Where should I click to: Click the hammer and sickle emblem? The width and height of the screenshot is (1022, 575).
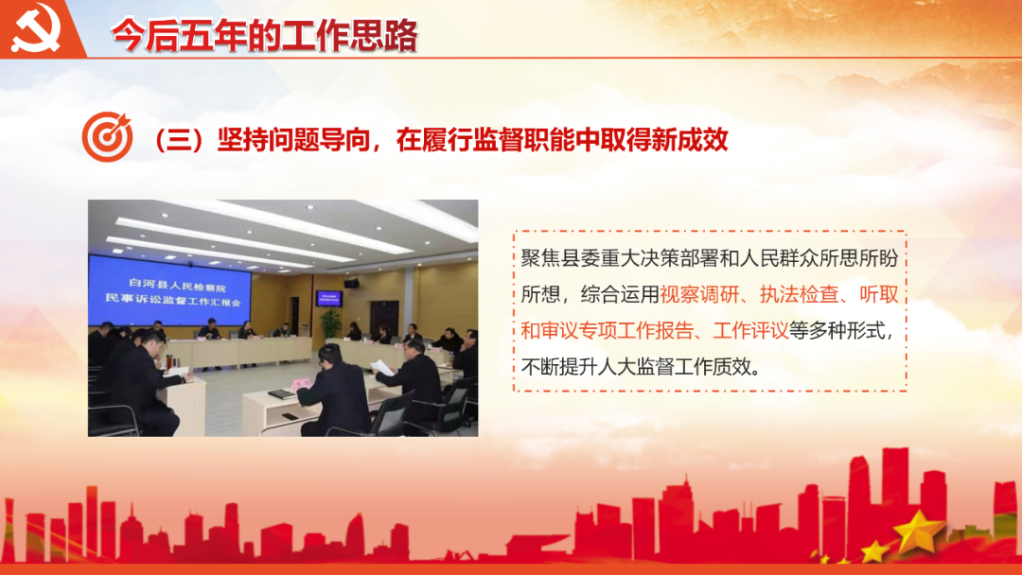(x=36, y=27)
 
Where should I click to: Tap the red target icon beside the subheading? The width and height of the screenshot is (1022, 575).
(x=107, y=137)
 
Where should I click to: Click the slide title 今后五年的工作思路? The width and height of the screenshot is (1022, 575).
(x=264, y=35)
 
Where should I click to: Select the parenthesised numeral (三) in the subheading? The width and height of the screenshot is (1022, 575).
(x=177, y=140)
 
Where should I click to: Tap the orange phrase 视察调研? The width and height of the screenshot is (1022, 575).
(x=699, y=295)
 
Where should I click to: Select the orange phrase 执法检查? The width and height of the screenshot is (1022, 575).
(x=799, y=295)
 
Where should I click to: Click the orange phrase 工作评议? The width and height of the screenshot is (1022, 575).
(x=750, y=331)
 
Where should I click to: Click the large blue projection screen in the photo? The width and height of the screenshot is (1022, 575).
(x=169, y=290)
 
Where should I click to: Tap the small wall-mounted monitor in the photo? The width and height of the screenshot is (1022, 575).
(x=329, y=299)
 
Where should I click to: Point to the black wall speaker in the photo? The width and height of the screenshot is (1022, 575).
(x=351, y=284)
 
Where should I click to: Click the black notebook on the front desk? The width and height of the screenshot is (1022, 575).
(x=282, y=394)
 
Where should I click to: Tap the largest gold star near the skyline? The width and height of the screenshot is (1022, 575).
(x=918, y=530)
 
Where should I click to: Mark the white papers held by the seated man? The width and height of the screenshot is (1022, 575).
(x=382, y=367)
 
